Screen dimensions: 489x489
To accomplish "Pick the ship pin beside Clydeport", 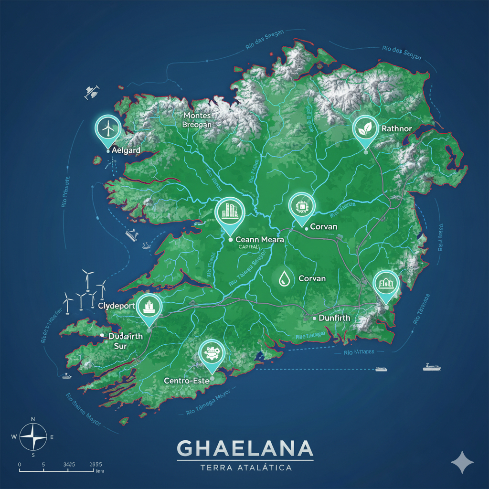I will point(149,306).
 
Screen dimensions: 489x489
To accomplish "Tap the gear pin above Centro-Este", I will point(211,354).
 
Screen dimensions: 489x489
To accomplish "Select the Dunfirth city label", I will point(334,318).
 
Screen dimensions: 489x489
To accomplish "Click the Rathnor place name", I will point(397,129).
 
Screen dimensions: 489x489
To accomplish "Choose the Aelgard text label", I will point(126,150).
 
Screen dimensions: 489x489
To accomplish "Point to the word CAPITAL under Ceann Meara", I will point(249,247).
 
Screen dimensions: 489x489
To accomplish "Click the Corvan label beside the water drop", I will point(312,278).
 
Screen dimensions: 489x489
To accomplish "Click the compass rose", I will point(32,436).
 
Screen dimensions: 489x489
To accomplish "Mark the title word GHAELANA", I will point(245,448).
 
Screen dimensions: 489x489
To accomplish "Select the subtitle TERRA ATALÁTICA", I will point(245,468).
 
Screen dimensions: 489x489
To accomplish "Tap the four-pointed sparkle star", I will point(462,462).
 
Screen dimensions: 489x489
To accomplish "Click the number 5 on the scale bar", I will point(43,464).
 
